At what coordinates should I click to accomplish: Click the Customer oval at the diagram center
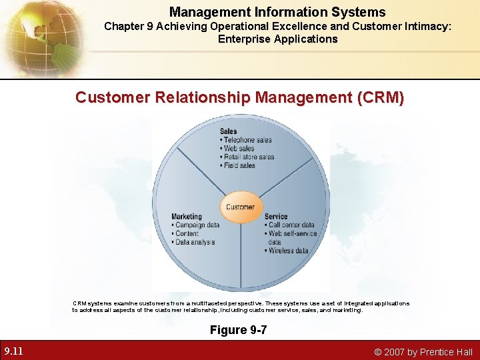pyautogui.click(x=240, y=207)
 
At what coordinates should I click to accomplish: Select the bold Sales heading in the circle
pyautogui.click(x=229, y=131)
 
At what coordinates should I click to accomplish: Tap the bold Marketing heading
pyautogui.click(x=187, y=217)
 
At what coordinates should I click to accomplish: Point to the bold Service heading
pyautogui.click(x=276, y=217)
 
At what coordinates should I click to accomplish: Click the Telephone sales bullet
pyautogui.click(x=247, y=140)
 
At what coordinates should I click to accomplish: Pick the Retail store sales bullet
pyautogui.click(x=248, y=157)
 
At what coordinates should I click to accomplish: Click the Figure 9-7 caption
pyautogui.click(x=238, y=330)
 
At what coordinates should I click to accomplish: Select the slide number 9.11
pyautogui.click(x=14, y=351)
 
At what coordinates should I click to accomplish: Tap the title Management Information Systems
pyautogui.click(x=277, y=12)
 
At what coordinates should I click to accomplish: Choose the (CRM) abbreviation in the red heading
pyautogui.click(x=381, y=98)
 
